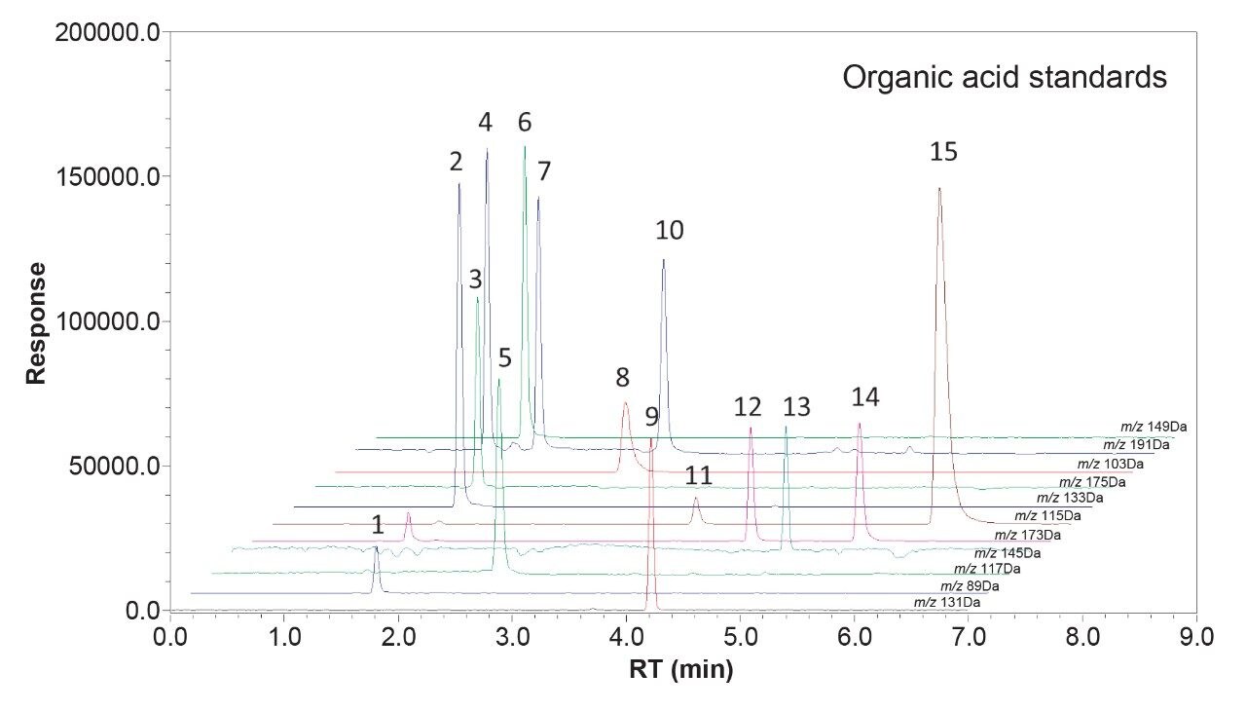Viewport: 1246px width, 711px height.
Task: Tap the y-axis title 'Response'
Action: point(36,322)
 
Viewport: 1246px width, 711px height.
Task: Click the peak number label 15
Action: point(943,152)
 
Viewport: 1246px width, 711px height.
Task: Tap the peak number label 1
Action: point(377,526)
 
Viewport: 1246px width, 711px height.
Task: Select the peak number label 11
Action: point(698,476)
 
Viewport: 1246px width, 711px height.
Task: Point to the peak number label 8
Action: point(622,377)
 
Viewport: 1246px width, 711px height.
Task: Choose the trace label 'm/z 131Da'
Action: point(946,603)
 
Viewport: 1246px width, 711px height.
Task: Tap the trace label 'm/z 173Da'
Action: point(1027,535)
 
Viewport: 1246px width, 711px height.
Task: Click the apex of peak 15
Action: point(939,189)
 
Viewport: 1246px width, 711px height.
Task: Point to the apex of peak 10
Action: point(663,260)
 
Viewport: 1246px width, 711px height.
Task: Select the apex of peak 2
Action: point(459,184)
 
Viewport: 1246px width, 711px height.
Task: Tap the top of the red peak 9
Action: point(651,439)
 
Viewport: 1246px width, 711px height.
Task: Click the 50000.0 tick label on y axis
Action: point(108,466)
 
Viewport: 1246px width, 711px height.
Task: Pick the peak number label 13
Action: point(796,407)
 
